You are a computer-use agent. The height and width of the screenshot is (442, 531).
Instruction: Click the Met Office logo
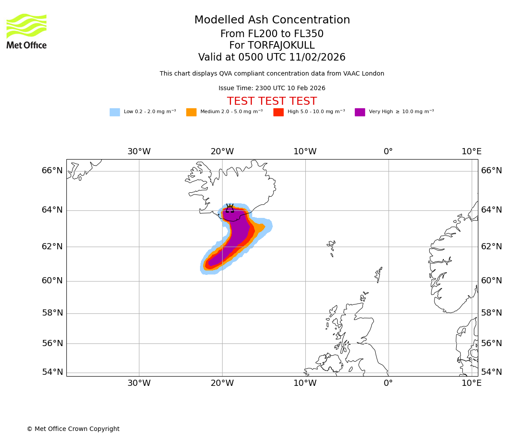coord(27,31)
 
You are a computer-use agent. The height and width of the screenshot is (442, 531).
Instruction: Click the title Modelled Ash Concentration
coord(272,20)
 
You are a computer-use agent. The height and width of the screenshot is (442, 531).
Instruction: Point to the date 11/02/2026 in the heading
coord(317,57)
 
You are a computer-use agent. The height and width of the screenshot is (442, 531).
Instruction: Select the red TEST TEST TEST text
coord(272,102)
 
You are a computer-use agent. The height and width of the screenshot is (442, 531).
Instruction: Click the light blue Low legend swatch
coord(115,112)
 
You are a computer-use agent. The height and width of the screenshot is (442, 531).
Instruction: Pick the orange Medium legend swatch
coord(191,112)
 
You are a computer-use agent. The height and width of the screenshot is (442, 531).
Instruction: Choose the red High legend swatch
coord(278,112)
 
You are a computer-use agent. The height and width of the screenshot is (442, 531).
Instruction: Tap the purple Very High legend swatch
coord(360,112)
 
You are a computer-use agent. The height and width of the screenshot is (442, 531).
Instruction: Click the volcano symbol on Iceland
coord(230,208)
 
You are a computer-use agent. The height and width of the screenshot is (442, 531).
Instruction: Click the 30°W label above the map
coord(139,152)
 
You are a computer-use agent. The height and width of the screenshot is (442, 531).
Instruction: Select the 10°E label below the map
coord(471,383)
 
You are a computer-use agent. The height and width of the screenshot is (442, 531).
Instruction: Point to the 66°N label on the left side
coord(52,171)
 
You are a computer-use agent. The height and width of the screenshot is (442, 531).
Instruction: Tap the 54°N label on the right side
coord(491,372)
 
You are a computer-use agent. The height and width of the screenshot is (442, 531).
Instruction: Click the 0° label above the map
coord(388,152)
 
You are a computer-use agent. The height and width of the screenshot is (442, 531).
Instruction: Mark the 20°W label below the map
coord(222,383)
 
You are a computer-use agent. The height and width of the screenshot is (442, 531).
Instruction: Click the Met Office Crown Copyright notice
coord(73,429)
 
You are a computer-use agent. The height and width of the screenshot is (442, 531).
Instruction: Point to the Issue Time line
coord(272,88)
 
